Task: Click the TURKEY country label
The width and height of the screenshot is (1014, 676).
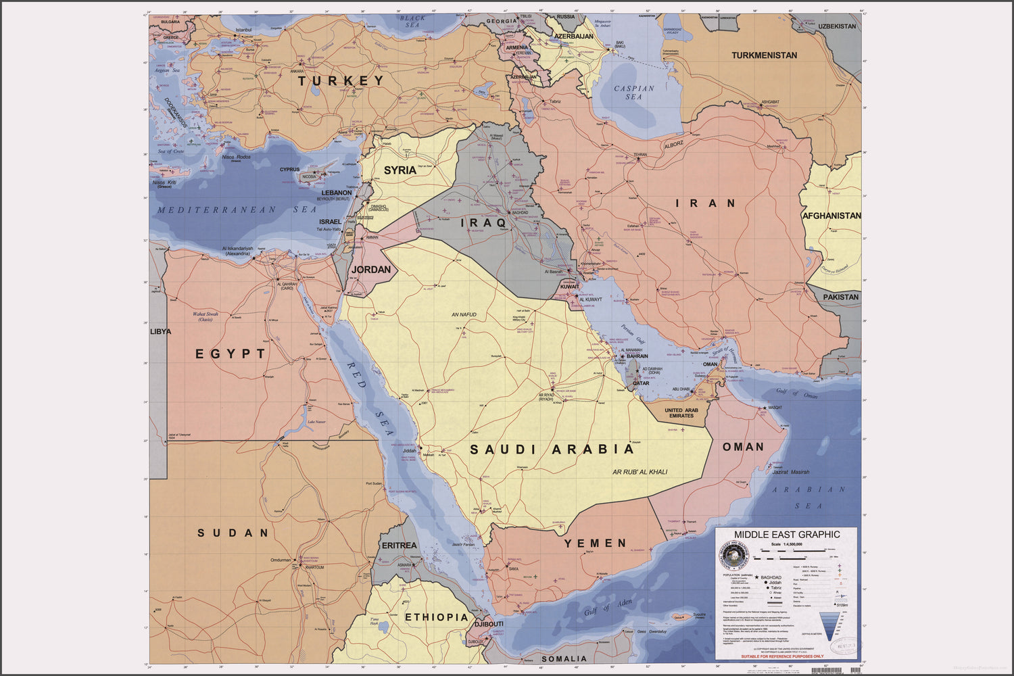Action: click(x=341, y=80)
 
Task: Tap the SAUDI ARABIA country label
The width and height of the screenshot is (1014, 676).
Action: click(x=552, y=450)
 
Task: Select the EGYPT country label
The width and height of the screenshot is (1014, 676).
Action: click(x=231, y=354)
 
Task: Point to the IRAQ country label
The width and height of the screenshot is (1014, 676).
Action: click(x=483, y=222)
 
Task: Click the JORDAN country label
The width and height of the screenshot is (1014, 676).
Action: click(x=371, y=270)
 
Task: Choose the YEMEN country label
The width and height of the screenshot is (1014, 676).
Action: click(x=596, y=544)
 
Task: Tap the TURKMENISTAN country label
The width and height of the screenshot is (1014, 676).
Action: click(x=764, y=55)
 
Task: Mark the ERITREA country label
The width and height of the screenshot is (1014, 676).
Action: click(x=400, y=546)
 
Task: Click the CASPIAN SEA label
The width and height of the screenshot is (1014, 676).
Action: click(x=633, y=93)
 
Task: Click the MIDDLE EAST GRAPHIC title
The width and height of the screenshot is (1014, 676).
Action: click(x=787, y=535)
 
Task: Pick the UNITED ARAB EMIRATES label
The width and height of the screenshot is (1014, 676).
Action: click(x=681, y=413)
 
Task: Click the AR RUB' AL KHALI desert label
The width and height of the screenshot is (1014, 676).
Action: click(x=639, y=472)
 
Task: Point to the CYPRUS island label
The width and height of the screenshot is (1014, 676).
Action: click(x=290, y=170)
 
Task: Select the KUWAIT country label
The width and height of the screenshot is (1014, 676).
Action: click(x=570, y=287)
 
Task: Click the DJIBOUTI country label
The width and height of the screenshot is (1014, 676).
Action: click(x=489, y=624)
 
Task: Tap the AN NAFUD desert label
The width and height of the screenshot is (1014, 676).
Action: click(x=464, y=315)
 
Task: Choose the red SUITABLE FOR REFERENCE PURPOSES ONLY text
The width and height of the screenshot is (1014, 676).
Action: click(x=782, y=656)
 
